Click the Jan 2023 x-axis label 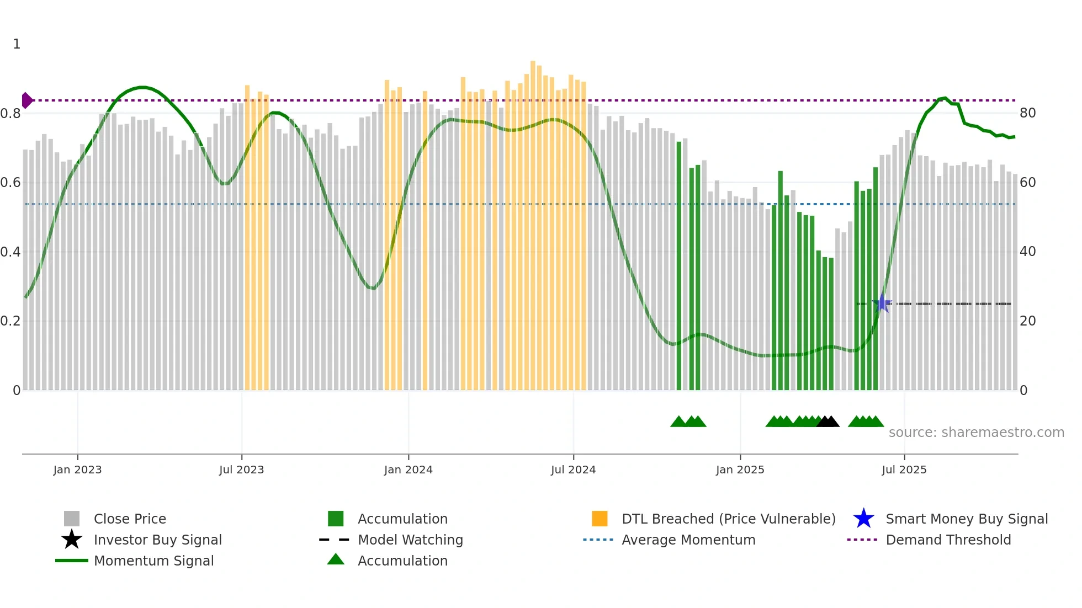[x=77, y=470]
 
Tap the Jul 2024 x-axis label [x=573, y=470]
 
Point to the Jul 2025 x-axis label [x=904, y=470]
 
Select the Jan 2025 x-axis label [x=740, y=470]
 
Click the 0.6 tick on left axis [x=10, y=183]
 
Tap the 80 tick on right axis [x=1027, y=113]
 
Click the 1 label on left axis [x=17, y=44]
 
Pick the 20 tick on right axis [x=1027, y=321]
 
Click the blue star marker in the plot [x=882, y=303]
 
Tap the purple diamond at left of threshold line [x=26, y=100]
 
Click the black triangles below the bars [x=828, y=422]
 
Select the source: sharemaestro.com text [x=976, y=433]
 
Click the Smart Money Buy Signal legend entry [x=966, y=519]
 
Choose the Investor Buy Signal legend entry [x=157, y=540]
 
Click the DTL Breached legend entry [x=728, y=519]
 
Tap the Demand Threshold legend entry [x=948, y=540]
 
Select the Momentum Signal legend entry [x=153, y=561]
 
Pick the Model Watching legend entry [x=410, y=540]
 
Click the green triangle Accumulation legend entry [x=402, y=561]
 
